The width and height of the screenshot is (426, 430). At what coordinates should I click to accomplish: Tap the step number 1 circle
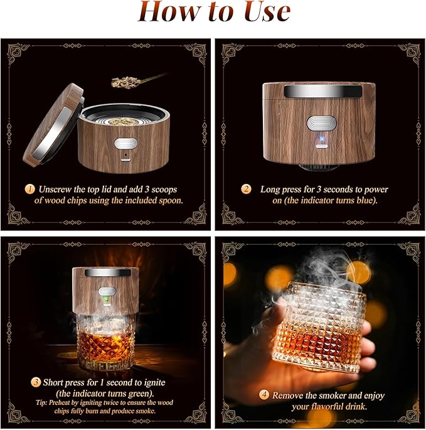tap(28, 188)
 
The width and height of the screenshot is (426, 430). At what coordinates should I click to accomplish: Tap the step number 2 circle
tap(247, 189)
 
